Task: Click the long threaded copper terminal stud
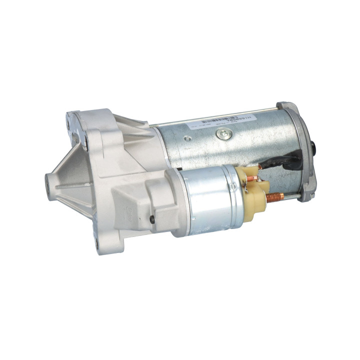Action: coord(275,197)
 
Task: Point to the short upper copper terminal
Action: coord(252,178)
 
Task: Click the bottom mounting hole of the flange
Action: coord(97,244)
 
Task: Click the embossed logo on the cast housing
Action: coord(128,210)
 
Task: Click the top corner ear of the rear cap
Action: coord(285,106)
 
